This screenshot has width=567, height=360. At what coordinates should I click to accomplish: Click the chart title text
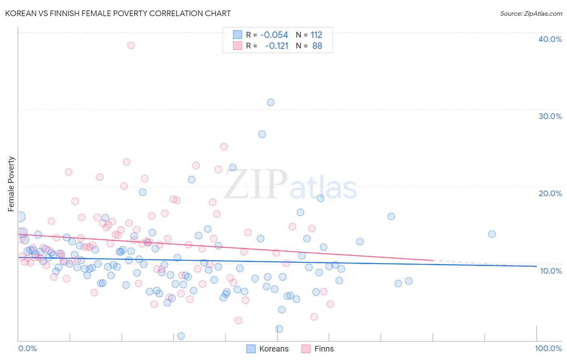118,13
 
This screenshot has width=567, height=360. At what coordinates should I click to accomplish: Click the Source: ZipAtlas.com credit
531,13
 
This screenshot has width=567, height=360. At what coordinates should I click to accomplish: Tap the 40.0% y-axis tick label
550,39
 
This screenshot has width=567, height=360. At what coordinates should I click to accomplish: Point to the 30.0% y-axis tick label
550,116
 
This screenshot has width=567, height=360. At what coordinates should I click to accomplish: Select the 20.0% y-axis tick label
550,193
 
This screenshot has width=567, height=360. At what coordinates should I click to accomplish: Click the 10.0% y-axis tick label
551,271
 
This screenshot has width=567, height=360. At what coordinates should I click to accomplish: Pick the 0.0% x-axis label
27,348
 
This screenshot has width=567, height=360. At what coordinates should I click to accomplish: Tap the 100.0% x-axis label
548,348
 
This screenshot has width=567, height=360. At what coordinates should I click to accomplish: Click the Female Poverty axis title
11,184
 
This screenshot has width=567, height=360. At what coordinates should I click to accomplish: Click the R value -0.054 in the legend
274,35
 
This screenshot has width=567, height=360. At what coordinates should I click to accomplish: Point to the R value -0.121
277,46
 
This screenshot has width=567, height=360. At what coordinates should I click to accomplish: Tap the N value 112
316,35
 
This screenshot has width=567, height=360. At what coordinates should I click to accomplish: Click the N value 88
317,46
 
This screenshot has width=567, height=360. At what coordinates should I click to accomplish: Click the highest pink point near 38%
131,45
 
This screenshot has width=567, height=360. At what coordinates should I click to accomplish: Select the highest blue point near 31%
271,103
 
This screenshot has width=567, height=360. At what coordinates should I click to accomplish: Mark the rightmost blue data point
492,234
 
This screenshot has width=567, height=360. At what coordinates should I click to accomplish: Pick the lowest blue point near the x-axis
181,336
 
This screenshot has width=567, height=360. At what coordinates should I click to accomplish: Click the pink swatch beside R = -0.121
238,46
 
